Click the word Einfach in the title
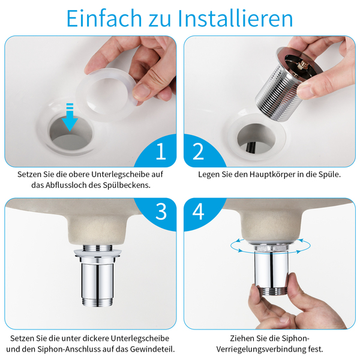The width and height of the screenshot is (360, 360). (x=104, y=19)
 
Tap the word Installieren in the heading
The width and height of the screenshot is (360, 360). (x=235, y=19)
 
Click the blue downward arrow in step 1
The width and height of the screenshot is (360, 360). (x=70, y=117)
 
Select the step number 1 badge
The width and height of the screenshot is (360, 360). (x=161, y=151)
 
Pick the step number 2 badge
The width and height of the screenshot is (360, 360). (x=198, y=151)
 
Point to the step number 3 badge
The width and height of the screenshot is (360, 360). (x=161, y=211)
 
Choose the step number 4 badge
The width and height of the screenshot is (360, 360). (x=198, y=211)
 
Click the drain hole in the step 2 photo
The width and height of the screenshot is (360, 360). (x=256, y=138)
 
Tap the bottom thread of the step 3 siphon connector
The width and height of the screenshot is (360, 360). (x=97, y=301)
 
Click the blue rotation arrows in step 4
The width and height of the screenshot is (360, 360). (x=271, y=246)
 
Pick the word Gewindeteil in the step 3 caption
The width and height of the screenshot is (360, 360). (x=152, y=349)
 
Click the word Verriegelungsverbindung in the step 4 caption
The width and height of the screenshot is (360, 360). (x=261, y=349)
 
